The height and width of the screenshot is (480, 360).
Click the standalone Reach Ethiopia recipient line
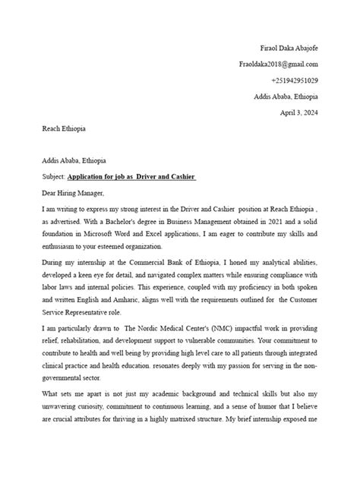tap(64, 129)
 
